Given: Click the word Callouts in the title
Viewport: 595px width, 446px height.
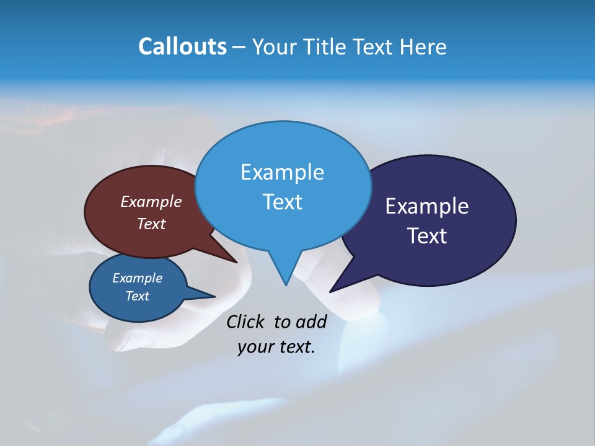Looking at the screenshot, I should click(182, 46).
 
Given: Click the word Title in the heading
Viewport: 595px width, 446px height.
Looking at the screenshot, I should click(327, 46).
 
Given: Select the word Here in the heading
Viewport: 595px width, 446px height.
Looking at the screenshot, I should click(423, 46).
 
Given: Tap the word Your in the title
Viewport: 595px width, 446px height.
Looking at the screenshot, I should click(276, 46).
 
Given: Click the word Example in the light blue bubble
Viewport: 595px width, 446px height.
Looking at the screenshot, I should click(282, 172).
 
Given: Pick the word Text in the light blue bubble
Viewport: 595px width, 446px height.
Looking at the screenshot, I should click(282, 202).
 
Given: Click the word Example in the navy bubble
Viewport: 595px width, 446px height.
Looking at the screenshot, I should click(426, 206).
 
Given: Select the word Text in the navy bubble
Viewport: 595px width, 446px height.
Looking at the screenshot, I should click(426, 236).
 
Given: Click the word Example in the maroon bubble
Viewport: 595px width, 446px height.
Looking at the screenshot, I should click(151, 201).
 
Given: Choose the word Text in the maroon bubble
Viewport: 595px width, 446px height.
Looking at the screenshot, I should click(151, 224).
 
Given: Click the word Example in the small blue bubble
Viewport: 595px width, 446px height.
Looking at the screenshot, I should click(137, 278).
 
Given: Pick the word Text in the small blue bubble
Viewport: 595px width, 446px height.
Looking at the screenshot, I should click(137, 296).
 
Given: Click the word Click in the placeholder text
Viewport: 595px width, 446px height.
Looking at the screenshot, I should click(246, 321).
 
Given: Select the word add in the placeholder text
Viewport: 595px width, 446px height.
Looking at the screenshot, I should click(311, 321).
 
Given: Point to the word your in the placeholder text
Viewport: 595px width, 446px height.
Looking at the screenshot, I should click(255, 347).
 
